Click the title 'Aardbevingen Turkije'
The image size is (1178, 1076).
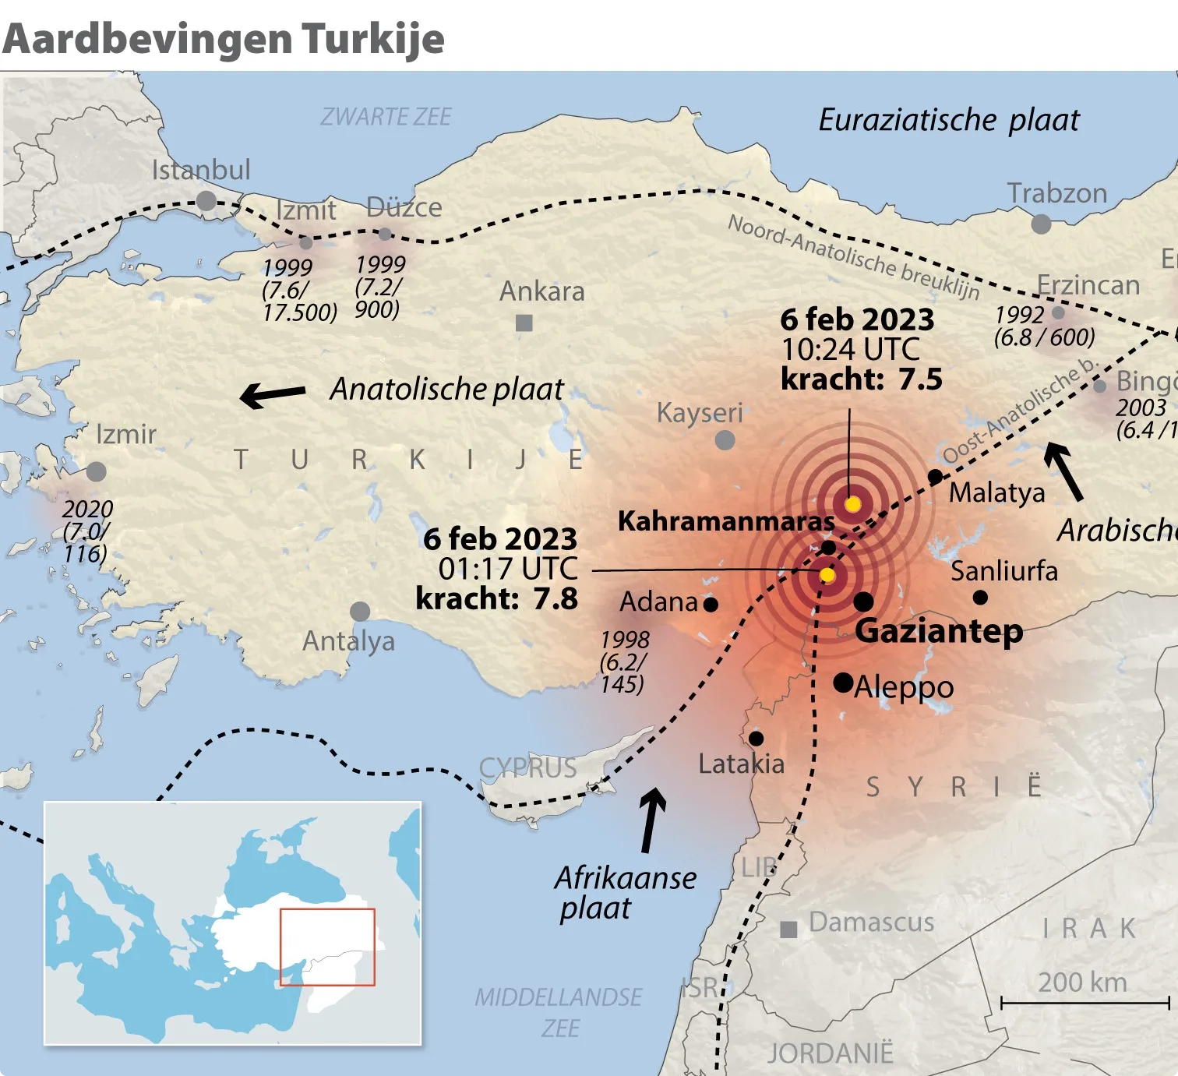[x=223, y=39]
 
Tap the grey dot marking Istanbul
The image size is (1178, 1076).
[x=206, y=201]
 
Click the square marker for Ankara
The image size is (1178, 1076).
[x=524, y=323]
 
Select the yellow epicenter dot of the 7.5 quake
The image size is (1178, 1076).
[x=852, y=504]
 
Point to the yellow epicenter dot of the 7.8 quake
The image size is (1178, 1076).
[x=827, y=575]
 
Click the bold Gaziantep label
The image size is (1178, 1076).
[x=939, y=630]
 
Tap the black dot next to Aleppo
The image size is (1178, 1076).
[x=843, y=683]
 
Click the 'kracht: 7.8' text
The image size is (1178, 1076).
[x=497, y=599]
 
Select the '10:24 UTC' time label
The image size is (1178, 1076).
[x=851, y=350]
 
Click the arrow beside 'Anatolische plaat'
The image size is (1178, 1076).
[x=273, y=394]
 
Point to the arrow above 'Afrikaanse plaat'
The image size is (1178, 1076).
[x=651, y=820]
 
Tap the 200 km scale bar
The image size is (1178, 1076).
[x=1085, y=1003]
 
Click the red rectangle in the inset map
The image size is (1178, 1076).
[x=327, y=947]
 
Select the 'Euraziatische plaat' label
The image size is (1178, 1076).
[x=949, y=120]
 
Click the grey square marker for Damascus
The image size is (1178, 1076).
[x=788, y=930]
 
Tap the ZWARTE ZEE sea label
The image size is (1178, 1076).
[x=386, y=117]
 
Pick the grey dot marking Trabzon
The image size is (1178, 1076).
[x=1041, y=224]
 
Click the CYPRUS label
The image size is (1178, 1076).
[x=527, y=768]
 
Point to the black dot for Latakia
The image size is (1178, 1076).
[x=756, y=738]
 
